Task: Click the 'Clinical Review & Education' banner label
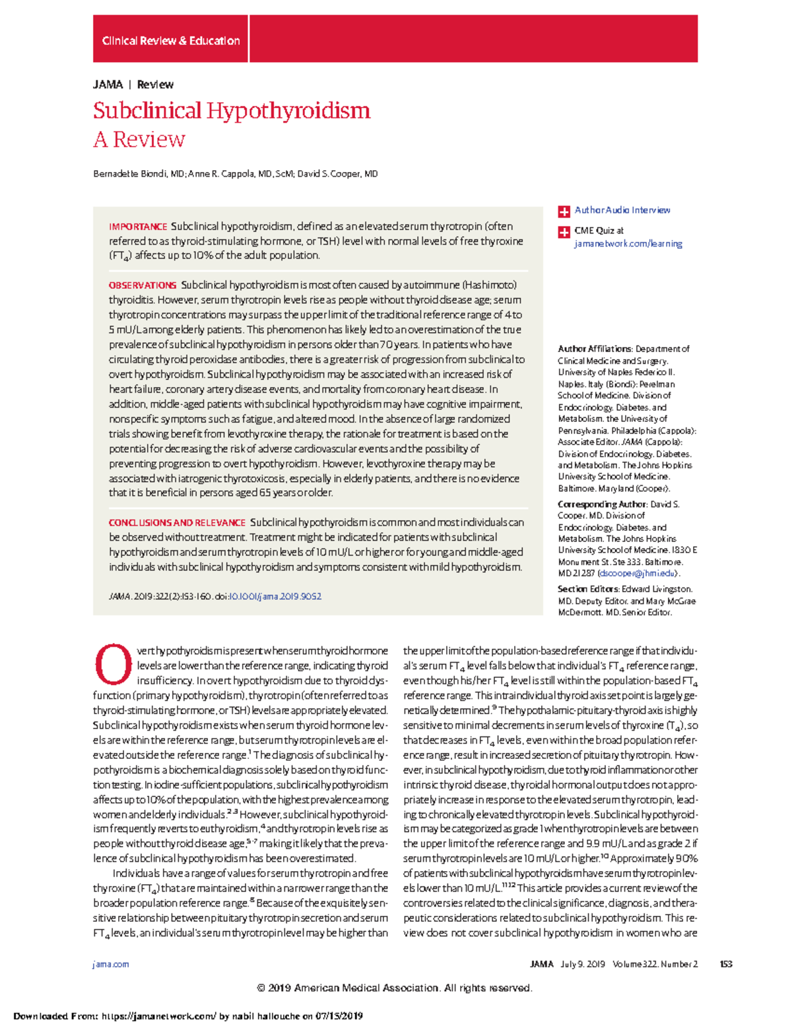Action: tap(170, 41)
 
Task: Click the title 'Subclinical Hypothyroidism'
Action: tap(232, 110)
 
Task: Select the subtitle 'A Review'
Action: tap(139, 140)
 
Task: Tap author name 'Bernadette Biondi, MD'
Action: tap(139, 174)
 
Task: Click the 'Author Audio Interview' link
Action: tap(622, 210)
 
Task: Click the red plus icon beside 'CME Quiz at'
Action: tap(564, 232)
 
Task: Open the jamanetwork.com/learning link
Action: tap(628, 244)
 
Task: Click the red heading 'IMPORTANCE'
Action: tap(138, 227)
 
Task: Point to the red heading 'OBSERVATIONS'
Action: tap(143, 286)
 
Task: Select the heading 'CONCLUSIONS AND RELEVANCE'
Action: tap(177, 523)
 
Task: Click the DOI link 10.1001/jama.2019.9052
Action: tap(275, 597)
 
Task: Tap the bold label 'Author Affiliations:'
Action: tap(595, 349)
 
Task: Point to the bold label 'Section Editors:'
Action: tap(588, 589)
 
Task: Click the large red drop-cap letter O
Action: tap(114, 665)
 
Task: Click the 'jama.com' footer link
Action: tap(111, 964)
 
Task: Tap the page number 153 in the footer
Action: tap(726, 964)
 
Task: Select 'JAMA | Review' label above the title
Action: tap(133, 84)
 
